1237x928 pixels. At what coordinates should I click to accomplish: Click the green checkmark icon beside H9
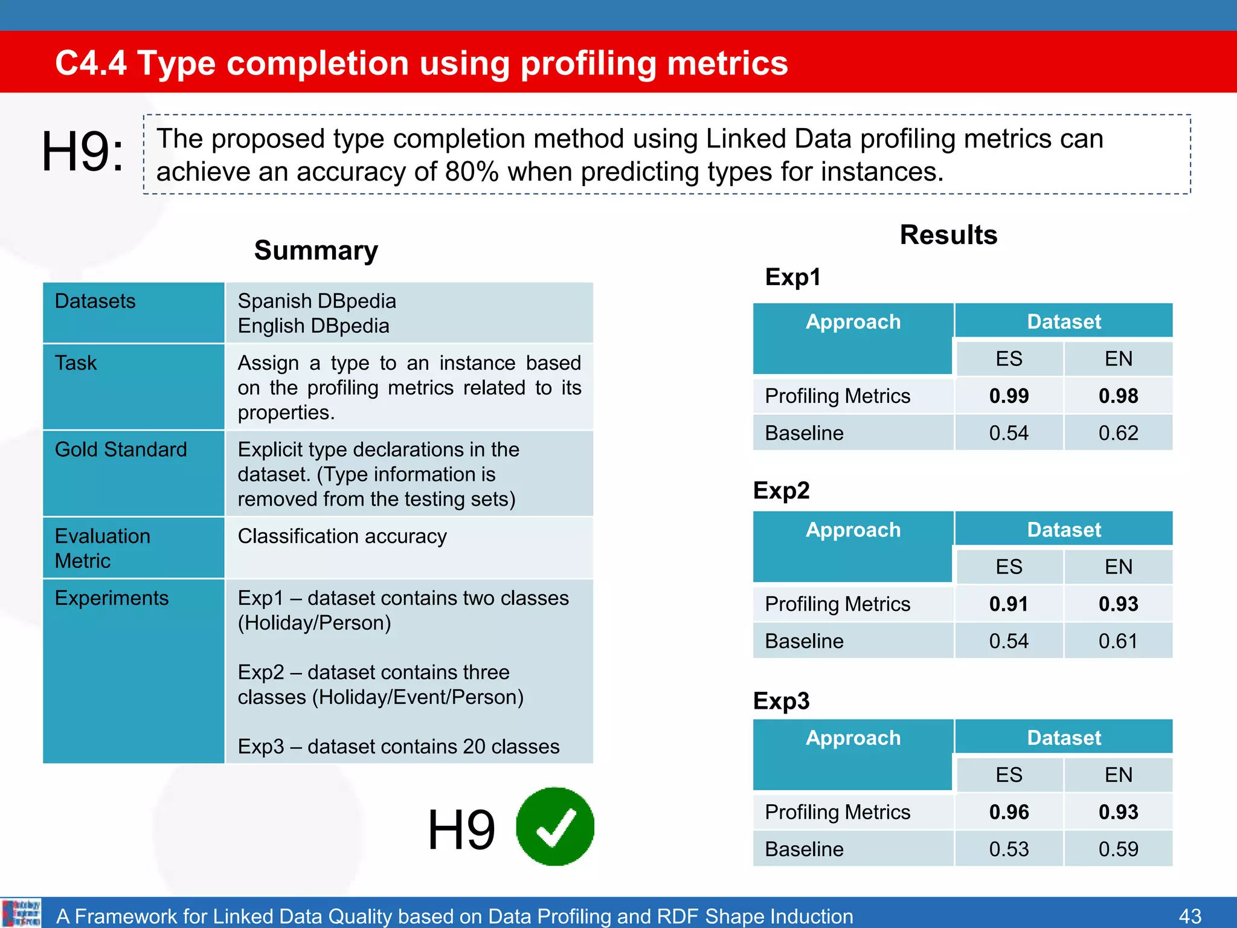[554, 826]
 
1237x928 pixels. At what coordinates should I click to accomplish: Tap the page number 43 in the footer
[1189, 916]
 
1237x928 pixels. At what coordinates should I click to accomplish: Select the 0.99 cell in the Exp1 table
[1009, 396]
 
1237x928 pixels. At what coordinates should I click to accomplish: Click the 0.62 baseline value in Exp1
[1118, 433]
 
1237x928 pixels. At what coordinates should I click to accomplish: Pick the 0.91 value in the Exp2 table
[1009, 604]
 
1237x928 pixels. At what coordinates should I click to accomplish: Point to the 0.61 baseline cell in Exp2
[1118, 640]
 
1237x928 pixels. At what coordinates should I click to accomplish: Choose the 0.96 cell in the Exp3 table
[1009, 811]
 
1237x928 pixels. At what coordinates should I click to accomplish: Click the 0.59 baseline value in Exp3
[1118, 849]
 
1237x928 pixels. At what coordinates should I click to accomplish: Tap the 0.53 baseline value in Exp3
[1009, 849]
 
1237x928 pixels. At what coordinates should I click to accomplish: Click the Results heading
[948, 234]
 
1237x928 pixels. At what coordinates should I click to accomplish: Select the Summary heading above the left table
[316, 250]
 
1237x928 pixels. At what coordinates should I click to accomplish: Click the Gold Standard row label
[121, 449]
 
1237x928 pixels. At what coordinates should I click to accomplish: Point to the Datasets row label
[95, 301]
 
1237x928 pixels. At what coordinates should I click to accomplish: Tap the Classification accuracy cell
[342, 536]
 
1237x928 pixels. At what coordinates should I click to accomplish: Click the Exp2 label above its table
[781, 490]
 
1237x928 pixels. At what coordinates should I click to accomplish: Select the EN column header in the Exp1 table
[1118, 358]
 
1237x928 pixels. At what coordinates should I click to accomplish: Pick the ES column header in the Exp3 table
[1009, 775]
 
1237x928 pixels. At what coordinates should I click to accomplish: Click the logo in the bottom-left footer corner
[21, 913]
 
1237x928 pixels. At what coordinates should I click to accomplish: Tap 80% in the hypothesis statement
[472, 172]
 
